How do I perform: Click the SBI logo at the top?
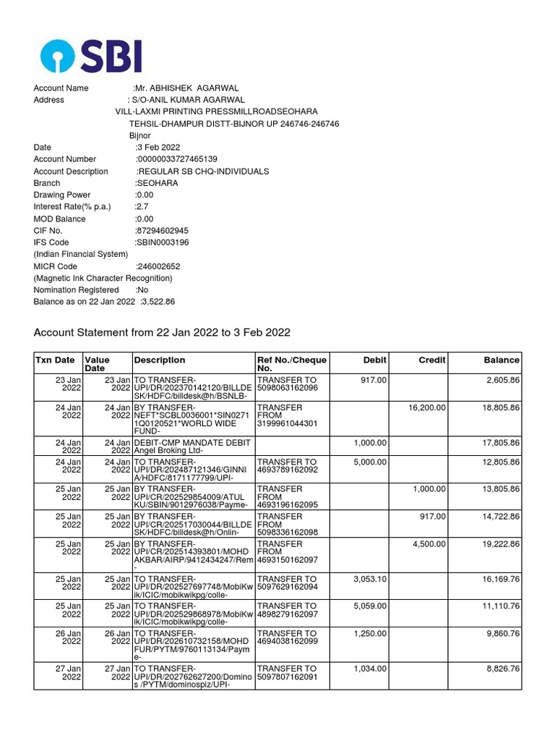click(91, 56)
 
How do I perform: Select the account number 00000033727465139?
click(177, 159)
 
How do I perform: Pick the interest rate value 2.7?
click(142, 207)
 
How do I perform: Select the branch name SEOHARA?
click(157, 183)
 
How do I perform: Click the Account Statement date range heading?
click(162, 333)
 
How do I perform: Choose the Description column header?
click(160, 360)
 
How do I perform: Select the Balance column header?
click(502, 360)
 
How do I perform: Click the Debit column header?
click(374, 360)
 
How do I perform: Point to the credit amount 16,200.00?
click(426, 408)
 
